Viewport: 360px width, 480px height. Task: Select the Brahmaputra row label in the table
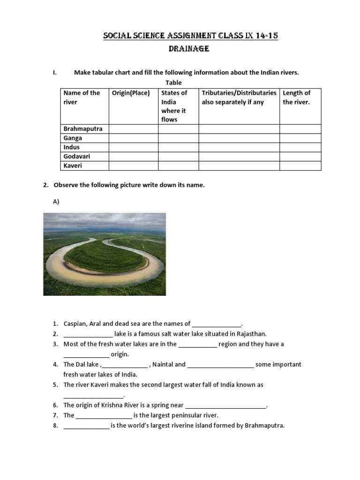tap(82, 129)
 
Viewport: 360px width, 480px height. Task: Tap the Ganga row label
tap(73, 138)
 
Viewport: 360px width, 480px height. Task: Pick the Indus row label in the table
tap(72, 147)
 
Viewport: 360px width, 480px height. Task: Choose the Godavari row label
tap(76, 157)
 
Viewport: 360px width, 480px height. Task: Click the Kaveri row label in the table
tap(73, 166)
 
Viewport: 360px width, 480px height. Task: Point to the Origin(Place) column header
tap(131, 93)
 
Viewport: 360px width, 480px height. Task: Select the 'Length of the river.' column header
tap(296, 97)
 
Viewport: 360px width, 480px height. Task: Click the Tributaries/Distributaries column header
tap(239, 93)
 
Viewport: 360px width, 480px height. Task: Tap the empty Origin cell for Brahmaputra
tap(133, 129)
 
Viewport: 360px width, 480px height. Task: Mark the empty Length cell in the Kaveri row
tap(300, 166)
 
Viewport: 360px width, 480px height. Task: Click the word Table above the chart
tap(173, 83)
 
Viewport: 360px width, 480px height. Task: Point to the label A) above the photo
tap(56, 201)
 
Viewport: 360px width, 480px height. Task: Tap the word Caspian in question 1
tap(75, 323)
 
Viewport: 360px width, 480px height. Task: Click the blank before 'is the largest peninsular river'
tap(104, 416)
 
